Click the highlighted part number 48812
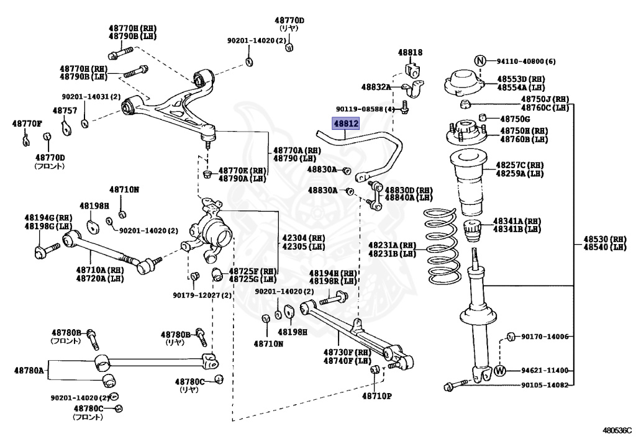[x=345, y=123]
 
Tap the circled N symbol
[x=480, y=61]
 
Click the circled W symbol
[x=500, y=370]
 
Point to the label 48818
[x=410, y=52]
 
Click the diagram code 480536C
[x=617, y=430]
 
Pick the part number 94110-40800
[x=521, y=61]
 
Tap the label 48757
[x=65, y=111]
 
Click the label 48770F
[x=27, y=124]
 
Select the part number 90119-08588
[x=360, y=109]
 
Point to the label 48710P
[x=376, y=396]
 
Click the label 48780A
[x=29, y=370]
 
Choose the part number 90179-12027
[x=197, y=295]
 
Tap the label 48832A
[x=376, y=87]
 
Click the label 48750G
[x=515, y=119]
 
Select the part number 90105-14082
[x=545, y=385]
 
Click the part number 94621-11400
[x=545, y=370]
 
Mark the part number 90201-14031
[x=86, y=97]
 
